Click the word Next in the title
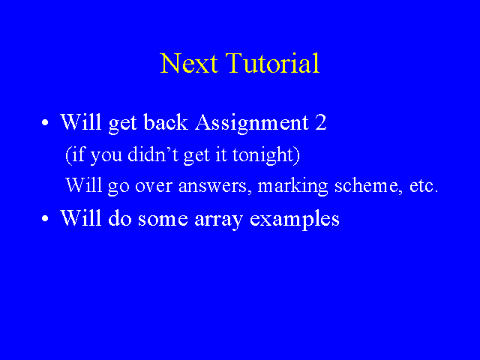(x=189, y=63)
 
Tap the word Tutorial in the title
(x=272, y=63)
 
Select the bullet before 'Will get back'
(x=45, y=123)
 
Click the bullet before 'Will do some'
(x=45, y=218)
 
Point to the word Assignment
(x=252, y=123)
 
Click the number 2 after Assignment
(x=320, y=122)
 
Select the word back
(x=165, y=122)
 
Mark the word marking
(x=292, y=186)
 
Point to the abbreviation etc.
(x=424, y=185)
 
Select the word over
(x=154, y=186)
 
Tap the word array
(x=218, y=220)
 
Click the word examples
(x=295, y=220)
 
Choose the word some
(x=163, y=220)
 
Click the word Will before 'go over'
(x=83, y=184)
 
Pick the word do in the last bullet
(x=120, y=218)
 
